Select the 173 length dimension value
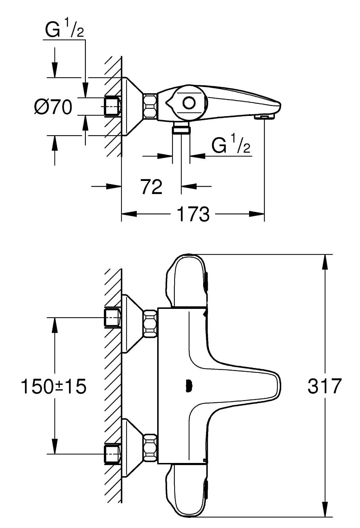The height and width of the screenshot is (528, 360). [193, 214]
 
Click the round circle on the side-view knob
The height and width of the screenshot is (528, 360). [189, 103]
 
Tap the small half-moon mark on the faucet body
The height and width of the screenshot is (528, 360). [188, 386]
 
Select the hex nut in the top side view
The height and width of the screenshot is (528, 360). [150, 106]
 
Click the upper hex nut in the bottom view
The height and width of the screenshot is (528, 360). [150, 323]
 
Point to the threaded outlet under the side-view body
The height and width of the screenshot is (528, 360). [181, 129]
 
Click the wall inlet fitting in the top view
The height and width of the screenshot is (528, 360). [113, 106]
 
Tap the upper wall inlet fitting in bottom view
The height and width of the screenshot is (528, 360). [113, 317]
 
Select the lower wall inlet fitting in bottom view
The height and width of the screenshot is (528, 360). [113, 454]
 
